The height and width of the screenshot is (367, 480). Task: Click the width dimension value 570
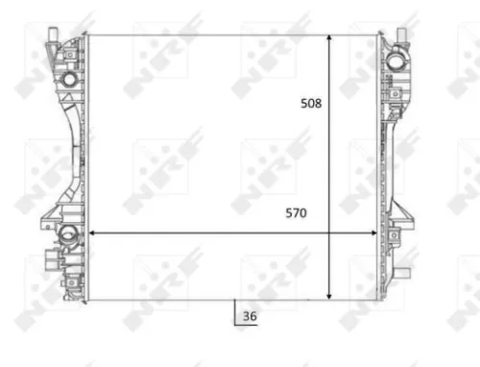coord(295,214)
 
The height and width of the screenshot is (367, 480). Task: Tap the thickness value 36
coord(250,316)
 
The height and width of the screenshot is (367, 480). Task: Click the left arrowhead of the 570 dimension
coord(92,232)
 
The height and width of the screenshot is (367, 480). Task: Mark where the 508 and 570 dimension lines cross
coord(331,232)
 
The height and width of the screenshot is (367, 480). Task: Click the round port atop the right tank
coord(396,60)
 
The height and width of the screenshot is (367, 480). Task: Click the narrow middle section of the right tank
coord(396,144)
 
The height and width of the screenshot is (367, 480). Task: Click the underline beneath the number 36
coord(248,325)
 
